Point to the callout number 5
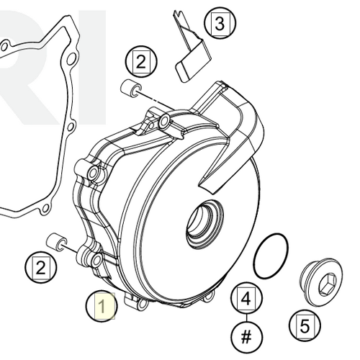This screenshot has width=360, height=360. click(x=305, y=326)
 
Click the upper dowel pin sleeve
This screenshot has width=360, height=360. click(x=130, y=89)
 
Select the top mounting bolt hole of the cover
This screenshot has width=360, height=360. click(x=168, y=125)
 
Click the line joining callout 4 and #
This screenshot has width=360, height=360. click(x=247, y=317)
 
